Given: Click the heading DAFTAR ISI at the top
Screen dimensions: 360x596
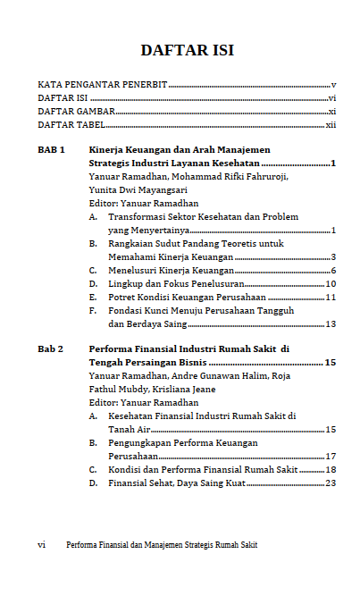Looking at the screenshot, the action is (x=188, y=50).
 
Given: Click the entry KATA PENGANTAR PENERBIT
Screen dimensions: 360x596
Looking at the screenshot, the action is (x=103, y=84).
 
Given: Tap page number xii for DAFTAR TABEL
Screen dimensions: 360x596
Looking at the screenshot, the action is (x=330, y=124).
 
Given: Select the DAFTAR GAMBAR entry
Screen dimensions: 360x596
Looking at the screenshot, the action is (x=76, y=111).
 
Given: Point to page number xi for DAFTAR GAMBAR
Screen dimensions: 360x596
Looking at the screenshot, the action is (x=331, y=111).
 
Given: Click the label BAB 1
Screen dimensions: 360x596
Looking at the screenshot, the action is (x=51, y=150).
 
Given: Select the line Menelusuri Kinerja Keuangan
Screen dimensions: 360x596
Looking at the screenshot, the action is (x=172, y=270).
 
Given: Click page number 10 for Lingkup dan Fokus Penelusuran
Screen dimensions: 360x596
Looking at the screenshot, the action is (x=331, y=283).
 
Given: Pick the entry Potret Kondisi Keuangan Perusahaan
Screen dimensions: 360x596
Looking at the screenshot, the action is (x=188, y=297).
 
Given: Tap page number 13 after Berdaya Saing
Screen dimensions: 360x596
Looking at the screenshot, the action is (x=331, y=323).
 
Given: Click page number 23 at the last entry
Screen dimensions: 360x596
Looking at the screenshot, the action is (x=331, y=483).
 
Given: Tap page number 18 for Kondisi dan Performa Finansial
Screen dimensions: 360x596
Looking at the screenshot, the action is (x=331, y=469).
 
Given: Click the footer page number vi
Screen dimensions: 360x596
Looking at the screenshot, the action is (x=41, y=544).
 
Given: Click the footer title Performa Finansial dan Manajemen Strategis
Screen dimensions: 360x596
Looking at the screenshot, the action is (x=162, y=544).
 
